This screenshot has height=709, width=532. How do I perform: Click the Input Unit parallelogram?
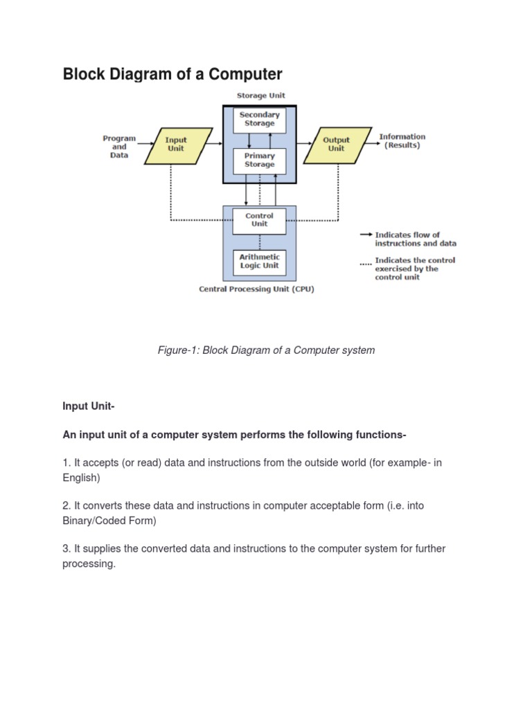coord(176,145)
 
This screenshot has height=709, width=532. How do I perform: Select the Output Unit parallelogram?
coord(336,145)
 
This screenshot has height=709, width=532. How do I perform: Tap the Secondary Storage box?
coord(259,119)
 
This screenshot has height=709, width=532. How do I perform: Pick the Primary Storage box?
coord(259,161)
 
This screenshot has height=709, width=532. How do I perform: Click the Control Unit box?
coord(259,219)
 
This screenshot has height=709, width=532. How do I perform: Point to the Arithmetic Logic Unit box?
coord(259,261)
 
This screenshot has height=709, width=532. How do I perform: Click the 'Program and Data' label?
coord(119,147)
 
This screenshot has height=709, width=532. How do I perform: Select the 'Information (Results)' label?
coord(402,141)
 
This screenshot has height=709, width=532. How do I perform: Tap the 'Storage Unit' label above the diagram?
coord(260,96)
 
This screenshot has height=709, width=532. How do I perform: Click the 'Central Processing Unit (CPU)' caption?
coord(256,289)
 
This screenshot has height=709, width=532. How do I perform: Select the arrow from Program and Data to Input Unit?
coord(146,145)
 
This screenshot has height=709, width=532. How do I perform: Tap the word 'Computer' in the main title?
coord(243,74)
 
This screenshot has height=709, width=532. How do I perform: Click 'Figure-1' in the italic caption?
coord(178,350)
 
